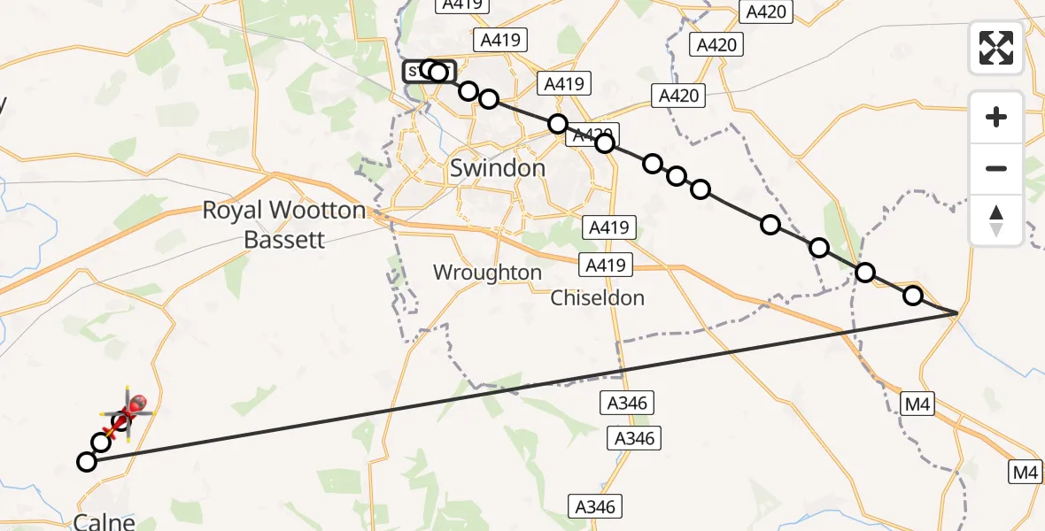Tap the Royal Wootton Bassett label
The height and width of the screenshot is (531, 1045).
(283, 225)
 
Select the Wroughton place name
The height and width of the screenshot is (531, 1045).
(487, 273)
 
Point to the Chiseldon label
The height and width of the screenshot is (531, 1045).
(598, 298)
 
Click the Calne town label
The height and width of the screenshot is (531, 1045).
(104, 522)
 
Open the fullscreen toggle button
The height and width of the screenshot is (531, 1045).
(996, 48)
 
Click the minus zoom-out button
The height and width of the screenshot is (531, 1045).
(996, 168)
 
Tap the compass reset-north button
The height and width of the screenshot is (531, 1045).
(996, 220)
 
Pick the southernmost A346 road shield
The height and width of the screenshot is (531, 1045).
(593, 507)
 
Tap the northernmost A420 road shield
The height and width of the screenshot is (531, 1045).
(767, 12)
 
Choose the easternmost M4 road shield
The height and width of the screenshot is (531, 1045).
(1026, 473)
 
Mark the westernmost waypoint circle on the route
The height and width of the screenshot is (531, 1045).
(86, 461)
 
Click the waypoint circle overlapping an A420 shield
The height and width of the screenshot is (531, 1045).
(605, 142)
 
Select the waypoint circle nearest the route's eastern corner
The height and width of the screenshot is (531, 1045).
(912, 296)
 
